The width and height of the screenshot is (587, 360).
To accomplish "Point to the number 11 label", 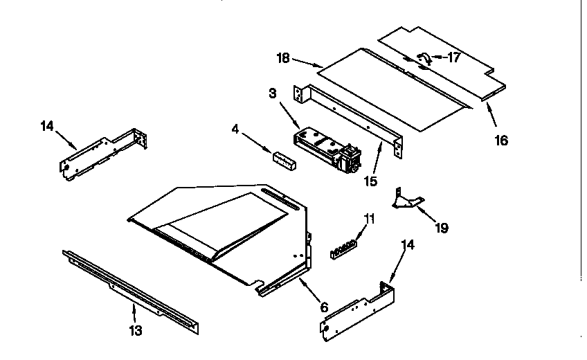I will pos(370,218).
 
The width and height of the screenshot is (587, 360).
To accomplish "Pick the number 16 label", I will pos(501,140).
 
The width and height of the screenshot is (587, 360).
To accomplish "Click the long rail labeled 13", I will pos(132,287).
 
